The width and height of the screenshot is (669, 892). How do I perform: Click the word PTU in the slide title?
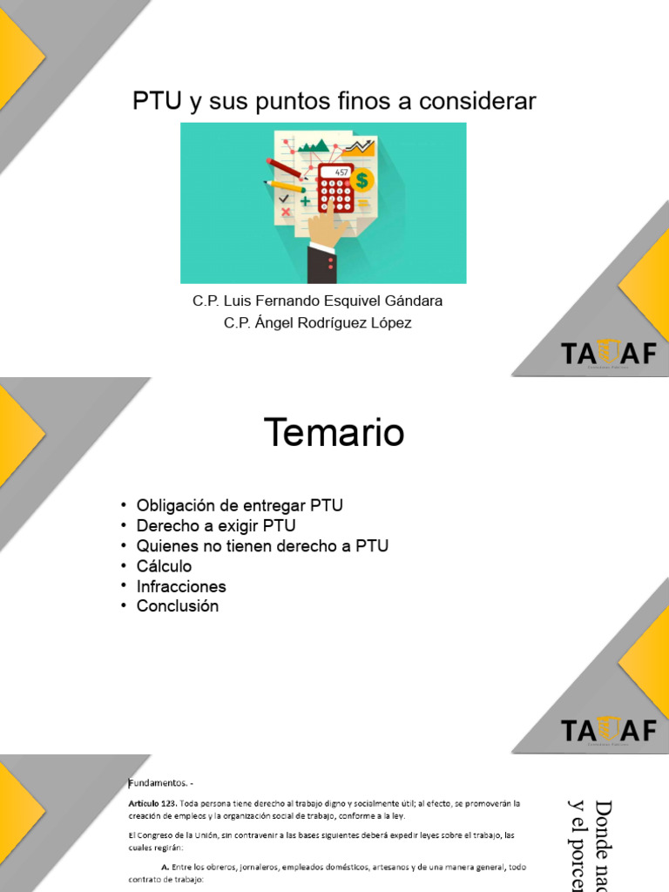157,102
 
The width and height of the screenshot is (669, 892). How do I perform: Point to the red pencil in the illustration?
284,167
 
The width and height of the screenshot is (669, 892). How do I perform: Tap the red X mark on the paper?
285,212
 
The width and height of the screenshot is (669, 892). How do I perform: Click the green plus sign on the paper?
305,202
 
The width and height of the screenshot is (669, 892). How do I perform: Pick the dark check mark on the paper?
283,199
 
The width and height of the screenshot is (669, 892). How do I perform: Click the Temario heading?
334,433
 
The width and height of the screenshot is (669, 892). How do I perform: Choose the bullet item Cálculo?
164,566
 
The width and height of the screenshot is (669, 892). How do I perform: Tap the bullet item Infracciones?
181,586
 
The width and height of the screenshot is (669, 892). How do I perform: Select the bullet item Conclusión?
178,606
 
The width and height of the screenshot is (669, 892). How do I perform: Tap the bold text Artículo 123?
152,802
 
